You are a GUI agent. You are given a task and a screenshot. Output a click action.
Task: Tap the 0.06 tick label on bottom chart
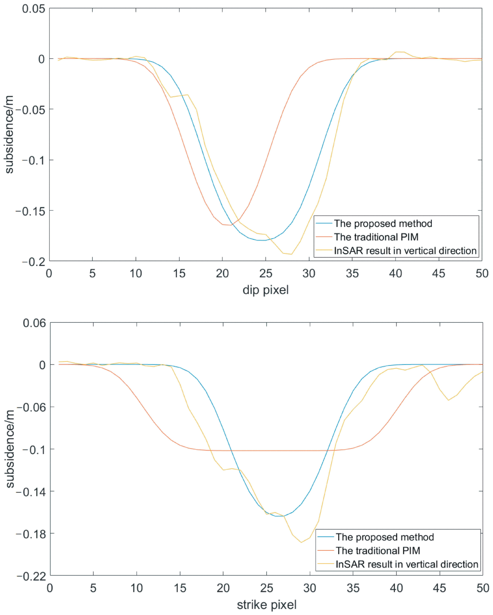coord(34,323)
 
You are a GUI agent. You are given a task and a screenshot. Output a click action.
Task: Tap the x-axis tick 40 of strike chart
coord(396,588)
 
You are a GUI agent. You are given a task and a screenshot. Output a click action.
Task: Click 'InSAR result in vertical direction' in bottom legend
coord(407,564)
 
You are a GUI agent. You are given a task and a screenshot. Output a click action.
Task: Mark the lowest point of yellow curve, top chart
coord(291,254)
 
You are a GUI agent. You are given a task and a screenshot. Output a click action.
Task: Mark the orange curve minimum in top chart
coord(231,225)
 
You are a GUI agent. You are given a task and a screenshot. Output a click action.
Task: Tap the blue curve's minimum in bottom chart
coord(279,516)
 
